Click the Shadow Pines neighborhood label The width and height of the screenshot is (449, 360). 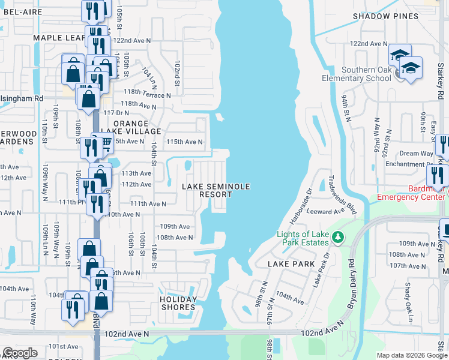[x=385, y=16]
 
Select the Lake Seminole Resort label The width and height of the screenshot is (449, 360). [x=216, y=190]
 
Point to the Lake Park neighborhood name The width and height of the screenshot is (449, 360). [x=291, y=263]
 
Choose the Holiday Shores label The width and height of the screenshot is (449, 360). [x=178, y=304]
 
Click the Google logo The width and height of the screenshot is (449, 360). [x=20, y=352]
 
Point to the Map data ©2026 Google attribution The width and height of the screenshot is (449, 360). [x=411, y=355]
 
